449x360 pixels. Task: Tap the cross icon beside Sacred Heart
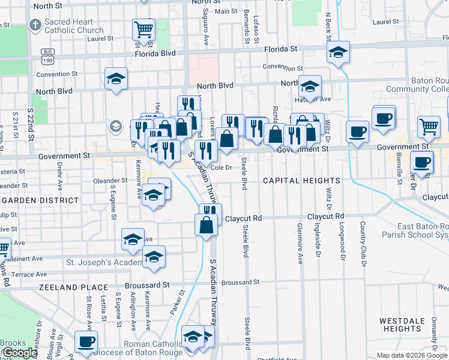(35, 26)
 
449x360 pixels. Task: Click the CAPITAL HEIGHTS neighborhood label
(302, 181)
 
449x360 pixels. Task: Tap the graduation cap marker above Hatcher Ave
(310, 86)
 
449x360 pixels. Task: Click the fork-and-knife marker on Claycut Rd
(210, 213)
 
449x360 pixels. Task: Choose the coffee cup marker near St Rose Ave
(86, 342)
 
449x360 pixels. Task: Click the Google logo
(19, 353)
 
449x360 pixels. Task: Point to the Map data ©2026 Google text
(412, 355)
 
